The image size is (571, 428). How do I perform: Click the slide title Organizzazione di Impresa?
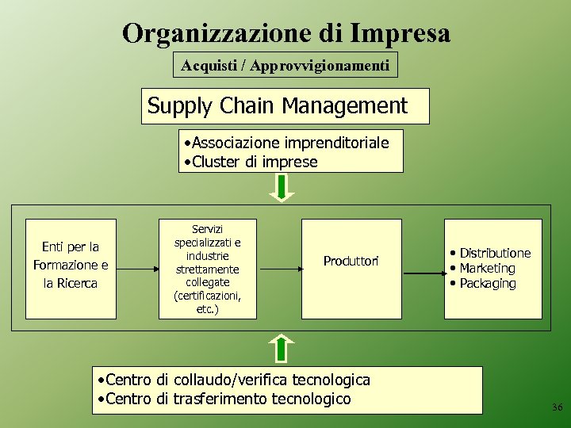[285, 33]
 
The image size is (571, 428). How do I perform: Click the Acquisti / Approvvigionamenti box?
[285, 66]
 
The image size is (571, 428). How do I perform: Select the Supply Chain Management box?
[285, 106]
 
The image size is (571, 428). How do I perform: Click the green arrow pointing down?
[282, 187]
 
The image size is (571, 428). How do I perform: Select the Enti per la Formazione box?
[71, 266]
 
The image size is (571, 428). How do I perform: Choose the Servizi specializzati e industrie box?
[208, 269]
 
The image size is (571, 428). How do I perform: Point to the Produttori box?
[351, 261]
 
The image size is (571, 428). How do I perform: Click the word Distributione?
[495, 253]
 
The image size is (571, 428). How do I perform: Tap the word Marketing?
[487, 268]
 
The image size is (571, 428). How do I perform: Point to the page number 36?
[557, 407]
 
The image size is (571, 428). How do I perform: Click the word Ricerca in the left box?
[76, 283]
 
